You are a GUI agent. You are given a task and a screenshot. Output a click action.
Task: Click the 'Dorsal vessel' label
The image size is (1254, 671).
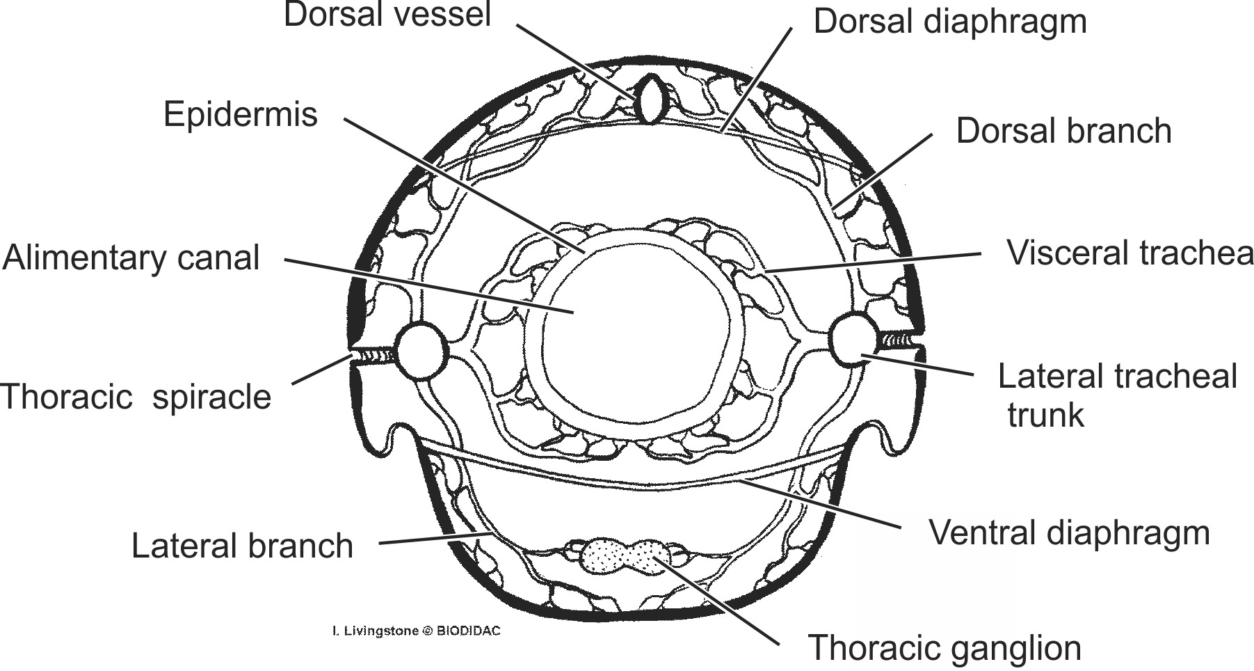pos(387,15)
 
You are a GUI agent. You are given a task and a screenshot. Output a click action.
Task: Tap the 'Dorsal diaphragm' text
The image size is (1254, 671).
pos(949,21)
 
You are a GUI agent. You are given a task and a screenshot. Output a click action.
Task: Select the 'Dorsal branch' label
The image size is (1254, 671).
pos(1063,131)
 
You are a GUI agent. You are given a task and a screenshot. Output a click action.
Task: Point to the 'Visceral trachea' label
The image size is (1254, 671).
pos(1130,253)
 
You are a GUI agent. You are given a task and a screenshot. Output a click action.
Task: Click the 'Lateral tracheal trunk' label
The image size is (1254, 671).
pos(1116,395)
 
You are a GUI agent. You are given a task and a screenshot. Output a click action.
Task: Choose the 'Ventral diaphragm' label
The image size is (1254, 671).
pos(1069,533)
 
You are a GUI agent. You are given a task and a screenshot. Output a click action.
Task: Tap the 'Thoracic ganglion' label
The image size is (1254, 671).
pos(944,648)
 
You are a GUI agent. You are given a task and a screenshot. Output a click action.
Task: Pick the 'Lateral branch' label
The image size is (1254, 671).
pos(242,546)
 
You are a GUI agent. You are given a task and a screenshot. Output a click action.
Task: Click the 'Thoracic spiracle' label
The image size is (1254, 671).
pos(136,397)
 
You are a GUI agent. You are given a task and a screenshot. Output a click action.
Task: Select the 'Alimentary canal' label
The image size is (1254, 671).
pos(131,258)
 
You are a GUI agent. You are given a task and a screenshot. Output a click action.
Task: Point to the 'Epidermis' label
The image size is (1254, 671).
pos(240,114)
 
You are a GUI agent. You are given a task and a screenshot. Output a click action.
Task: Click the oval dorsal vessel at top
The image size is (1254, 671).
pos(650,100)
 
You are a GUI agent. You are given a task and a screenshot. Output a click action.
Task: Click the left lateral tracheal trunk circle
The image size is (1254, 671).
pos(421,352)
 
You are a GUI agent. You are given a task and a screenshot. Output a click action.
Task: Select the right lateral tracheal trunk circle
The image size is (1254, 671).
pos(853,339)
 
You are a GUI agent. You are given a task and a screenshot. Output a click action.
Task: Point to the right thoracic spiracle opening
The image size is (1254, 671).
pos(901,340)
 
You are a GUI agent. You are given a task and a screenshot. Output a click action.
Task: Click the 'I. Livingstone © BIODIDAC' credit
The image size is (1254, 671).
pos(417,631)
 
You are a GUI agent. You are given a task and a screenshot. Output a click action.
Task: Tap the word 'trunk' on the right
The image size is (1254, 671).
pos(1045,415)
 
